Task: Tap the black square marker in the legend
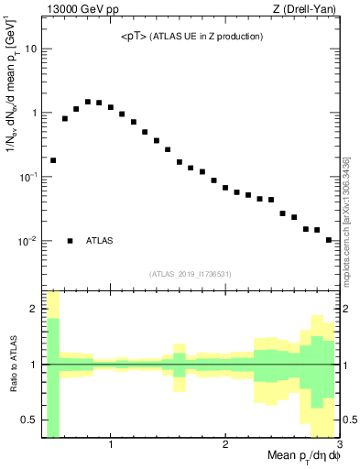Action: pos(70,241)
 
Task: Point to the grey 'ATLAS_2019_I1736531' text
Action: pos(191,273)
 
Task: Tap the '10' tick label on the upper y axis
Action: pos(30,49)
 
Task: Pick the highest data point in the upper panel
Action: pos(88,102)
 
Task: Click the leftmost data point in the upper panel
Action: pos(53,160)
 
